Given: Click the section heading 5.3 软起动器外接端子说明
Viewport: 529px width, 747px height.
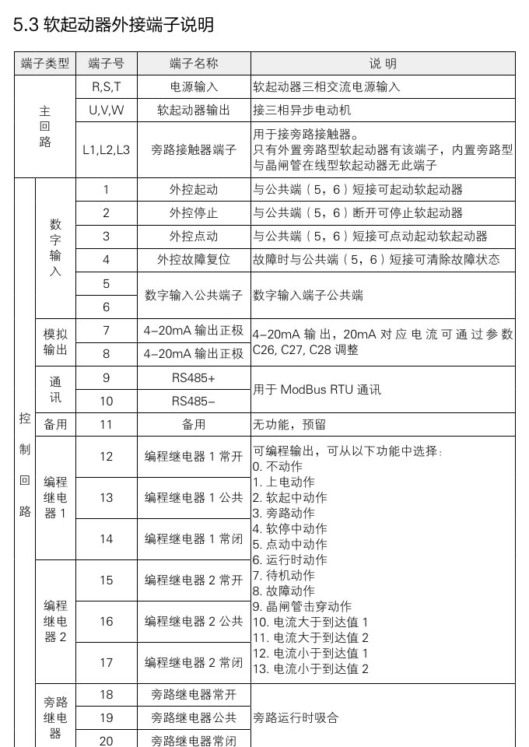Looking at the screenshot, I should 114,25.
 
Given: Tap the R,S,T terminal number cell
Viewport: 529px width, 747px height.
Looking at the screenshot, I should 107,86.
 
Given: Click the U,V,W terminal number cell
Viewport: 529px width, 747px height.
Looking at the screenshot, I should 107,110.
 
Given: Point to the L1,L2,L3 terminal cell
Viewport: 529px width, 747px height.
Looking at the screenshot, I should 107,149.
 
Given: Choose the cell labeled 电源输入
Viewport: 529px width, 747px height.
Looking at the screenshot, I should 194,86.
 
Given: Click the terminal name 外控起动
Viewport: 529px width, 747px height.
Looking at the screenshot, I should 194,189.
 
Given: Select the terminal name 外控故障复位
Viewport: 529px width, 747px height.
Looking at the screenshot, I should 194,259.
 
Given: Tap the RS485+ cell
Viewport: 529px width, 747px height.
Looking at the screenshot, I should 194,378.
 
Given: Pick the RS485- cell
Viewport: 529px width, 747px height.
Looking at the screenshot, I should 194,402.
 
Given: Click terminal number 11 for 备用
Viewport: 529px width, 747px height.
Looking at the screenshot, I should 107,425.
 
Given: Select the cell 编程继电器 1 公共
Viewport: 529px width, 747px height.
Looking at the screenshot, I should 194,497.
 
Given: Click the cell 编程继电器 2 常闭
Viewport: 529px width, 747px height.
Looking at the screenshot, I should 194,662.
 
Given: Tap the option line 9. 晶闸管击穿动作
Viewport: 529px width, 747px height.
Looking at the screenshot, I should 302,606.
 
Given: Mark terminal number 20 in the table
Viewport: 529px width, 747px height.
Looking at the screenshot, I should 107,740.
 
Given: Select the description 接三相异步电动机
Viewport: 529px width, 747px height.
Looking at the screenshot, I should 302,110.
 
